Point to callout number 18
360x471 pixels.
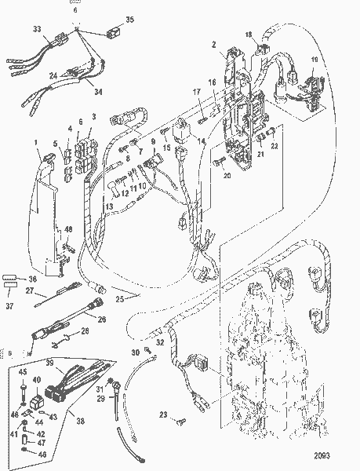click(249, 35)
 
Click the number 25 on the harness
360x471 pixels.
click(119, 299)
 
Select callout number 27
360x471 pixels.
click(28, 290)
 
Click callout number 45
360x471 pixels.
click(23, 372)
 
